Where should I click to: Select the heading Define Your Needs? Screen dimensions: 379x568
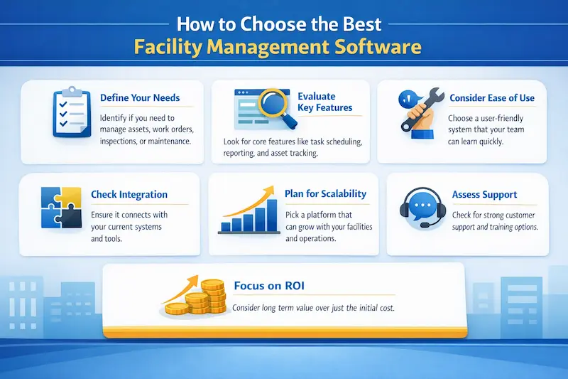tap(140, 97)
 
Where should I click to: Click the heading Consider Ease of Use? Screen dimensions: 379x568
tap(491, 97)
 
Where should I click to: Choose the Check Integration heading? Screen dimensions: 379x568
tap(129, 194)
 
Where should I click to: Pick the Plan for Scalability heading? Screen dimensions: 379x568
tap(325, 193)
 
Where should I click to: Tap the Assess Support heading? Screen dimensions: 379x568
tap(484, 194)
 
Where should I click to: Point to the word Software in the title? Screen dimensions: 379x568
tap(373, 48)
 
